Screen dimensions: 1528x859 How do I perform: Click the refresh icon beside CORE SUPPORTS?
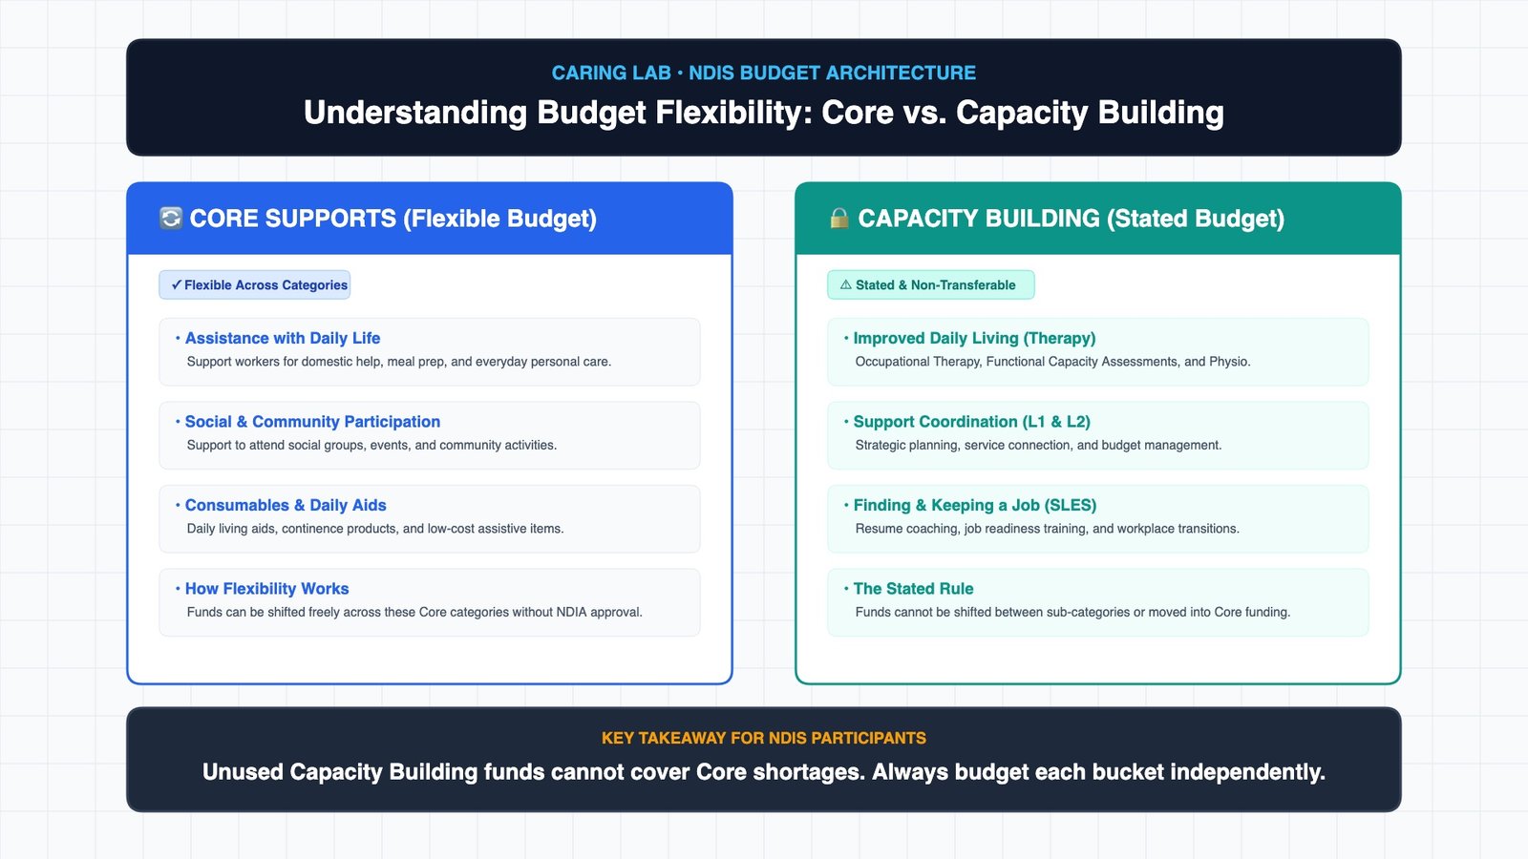(x=171, y=219)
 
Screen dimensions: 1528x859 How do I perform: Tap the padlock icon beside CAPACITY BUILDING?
(x=839, y=219)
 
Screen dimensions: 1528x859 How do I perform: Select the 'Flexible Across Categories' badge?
(x=254, y=285)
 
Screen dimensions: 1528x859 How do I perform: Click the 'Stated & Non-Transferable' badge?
(x=930, y=285)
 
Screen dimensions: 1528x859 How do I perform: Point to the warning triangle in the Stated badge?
(x=846, y=285)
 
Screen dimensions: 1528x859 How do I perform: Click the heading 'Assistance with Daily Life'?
(x=283, y=338)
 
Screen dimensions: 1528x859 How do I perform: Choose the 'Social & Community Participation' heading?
(x=312, y=422)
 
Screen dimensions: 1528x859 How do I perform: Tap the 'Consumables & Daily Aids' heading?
(x=286, y=505)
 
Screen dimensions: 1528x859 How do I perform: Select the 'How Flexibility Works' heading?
(x=266, y=589)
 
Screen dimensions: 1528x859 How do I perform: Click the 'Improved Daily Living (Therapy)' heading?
(x=975, y=338)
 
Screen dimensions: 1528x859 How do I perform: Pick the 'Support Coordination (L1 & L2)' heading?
(x=972, y=422)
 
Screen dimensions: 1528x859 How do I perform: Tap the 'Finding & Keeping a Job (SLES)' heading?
(x=975, y=505)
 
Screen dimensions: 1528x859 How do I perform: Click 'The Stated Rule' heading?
(x=913, y=589)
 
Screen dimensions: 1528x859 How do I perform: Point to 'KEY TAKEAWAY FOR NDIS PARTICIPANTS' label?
(x=764, y=739)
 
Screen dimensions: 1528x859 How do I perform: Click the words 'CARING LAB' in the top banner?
(x=611, y=73)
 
